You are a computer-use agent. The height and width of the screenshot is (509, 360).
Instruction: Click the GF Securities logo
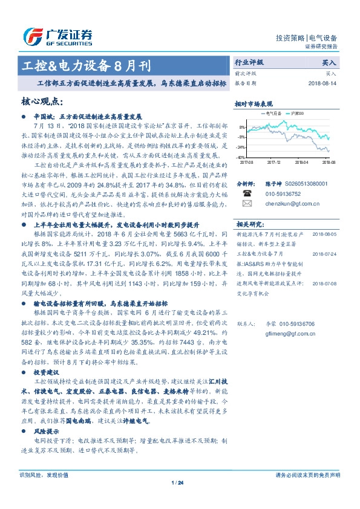pyautogui.click(x=57, y=36)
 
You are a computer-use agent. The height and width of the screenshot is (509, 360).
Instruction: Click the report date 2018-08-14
pyautogui.click(x=321, y=82)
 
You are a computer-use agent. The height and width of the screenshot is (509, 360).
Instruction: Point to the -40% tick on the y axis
pyautogui.click(x=241, y=157)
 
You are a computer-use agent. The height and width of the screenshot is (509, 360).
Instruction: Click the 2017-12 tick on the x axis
pyautogui.click(x=273, y=162)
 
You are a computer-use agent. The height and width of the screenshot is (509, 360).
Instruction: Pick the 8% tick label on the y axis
pyautogui.click(x=243, y=128)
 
